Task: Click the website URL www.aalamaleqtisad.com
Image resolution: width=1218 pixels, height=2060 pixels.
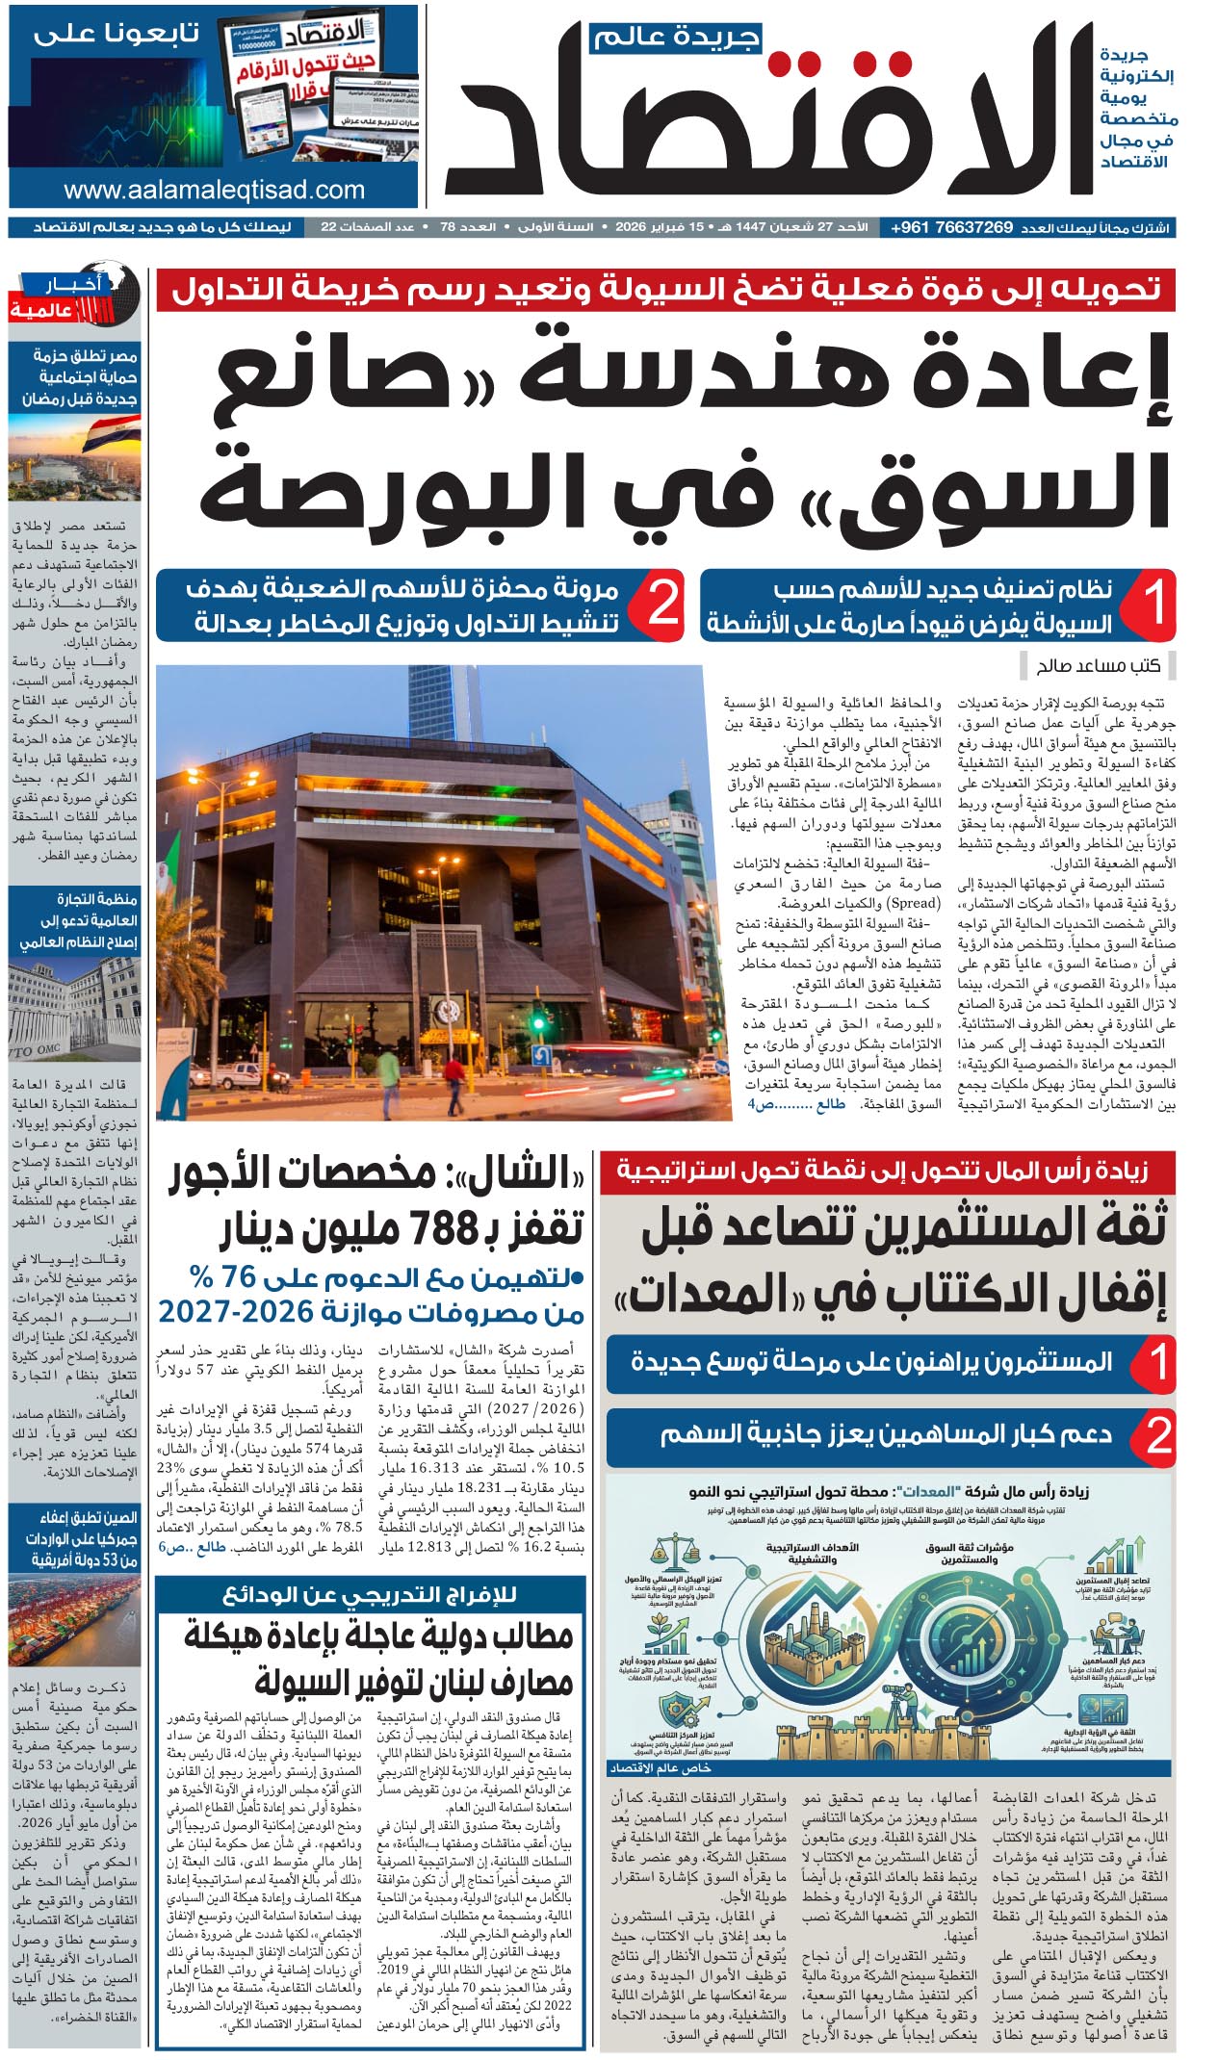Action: (214, 190)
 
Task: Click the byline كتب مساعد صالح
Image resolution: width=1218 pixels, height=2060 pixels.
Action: (1098, 665)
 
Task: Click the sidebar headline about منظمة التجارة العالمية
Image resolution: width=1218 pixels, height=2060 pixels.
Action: (77, 920)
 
